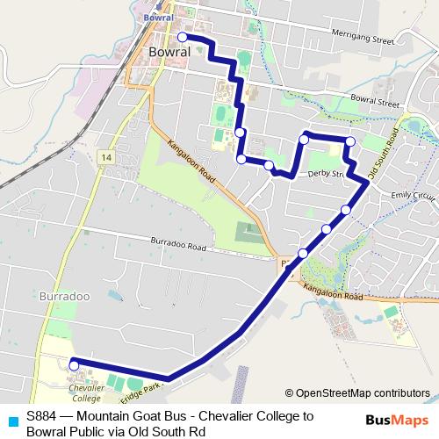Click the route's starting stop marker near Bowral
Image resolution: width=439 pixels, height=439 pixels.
(x=183, y=37)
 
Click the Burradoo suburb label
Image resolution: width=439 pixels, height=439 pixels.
(x=65, y=297)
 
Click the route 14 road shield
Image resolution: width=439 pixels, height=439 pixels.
(x=106, y=156)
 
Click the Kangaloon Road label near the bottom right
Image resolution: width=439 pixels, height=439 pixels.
(x=332, y=292)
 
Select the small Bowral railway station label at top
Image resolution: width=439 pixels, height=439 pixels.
(x=158, y=16)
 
